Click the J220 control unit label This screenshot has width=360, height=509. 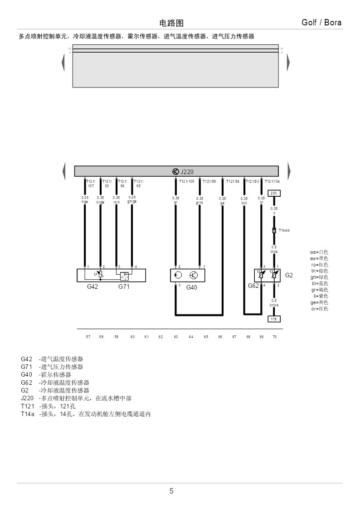(187, 172)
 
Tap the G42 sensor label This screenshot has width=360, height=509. (92, 286)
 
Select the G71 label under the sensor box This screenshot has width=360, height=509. (124, 286)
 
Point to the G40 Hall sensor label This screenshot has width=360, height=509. (192, 287)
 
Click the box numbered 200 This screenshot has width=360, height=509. (274, 193)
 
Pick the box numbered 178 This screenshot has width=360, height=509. (274, 319)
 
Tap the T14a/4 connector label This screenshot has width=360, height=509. (284, 230)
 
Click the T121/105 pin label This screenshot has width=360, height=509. (186, 181)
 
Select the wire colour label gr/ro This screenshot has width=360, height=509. (199, 203)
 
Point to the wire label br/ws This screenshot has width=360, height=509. (274, 305)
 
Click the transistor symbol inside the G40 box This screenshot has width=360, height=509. (194, 275)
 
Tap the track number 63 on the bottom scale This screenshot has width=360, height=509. (175, 337)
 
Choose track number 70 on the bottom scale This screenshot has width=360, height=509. (274, 337)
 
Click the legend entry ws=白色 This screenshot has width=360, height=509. (319, 252)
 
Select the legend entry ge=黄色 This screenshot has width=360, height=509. (319, 302)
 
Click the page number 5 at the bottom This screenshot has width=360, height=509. (171, 491)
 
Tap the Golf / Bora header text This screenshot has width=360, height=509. (321, 23)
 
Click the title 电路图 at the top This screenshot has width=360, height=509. (171, 23)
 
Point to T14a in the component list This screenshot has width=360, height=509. (27, 414)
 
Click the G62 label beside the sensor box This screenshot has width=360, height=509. (253, 286)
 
